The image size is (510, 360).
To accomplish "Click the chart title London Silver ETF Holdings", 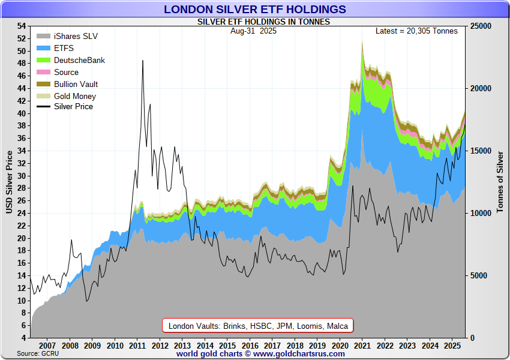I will coord(255,9).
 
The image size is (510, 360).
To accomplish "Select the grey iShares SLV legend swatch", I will coord(43,36).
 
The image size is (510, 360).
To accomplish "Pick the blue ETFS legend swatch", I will coord(43,48).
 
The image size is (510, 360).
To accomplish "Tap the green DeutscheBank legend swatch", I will coord(43,60).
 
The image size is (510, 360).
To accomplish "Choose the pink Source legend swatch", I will coord(43,72).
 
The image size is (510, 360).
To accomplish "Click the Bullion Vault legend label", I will coord(76,84).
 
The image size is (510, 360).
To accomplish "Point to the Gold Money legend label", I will coord(75,96).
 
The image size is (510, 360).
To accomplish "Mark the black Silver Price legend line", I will coord(43,107).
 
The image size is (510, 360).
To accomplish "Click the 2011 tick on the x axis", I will coord(137,346).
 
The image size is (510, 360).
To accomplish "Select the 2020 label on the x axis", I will coord(340,346).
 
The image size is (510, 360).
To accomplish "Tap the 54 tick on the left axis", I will coord(22,26).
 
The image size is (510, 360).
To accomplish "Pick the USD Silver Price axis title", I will coord(8,182).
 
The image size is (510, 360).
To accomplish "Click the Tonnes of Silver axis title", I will coord(500,182).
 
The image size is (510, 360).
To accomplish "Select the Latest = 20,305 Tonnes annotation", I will coord(416,31).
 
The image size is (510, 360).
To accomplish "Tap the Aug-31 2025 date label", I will coord(253,31).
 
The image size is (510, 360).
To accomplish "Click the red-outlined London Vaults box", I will coord(258,326).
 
